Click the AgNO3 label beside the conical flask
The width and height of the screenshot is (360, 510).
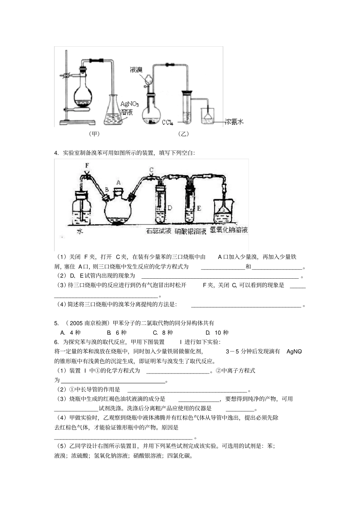[130, 104]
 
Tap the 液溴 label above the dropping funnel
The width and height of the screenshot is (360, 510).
[136, 70]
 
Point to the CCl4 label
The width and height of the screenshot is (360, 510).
[167, 122]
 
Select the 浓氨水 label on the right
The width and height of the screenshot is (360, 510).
[234, 122]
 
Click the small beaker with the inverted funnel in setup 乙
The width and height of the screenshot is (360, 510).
[207, 116]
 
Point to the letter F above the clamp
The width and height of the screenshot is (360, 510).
[87, 165]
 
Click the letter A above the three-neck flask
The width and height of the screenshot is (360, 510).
[118, 182]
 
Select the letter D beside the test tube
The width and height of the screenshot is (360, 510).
[170, 208]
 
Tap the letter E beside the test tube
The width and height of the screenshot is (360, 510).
[199, 208]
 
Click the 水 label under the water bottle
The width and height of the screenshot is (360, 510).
[80, 231]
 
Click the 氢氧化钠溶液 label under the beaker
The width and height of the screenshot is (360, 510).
[229, 230]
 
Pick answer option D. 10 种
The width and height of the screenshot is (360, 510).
[217, 333]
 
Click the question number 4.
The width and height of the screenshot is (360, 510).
[56, 153]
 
